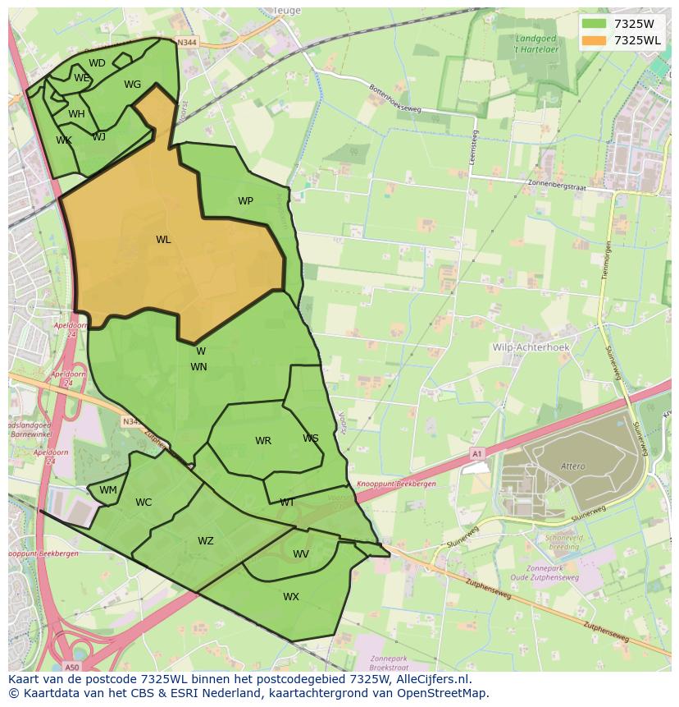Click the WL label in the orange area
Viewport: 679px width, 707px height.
pyautogui.click(x=163, y=240)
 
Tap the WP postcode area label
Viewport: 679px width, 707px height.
pyautogui.click(x=245, y=201)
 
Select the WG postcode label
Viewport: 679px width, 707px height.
pyautogui.click(x=132, y=85)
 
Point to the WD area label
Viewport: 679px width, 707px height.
pyautogui.click(x=97, y=63)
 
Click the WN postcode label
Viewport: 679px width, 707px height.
pyautogui.click(x=198, y=367)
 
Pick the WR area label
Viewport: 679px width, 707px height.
pyautogui.click(x=262, y=441)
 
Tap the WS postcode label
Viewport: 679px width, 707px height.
pyautogui.click(x=310, y=438)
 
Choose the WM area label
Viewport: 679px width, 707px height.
pyautogui.click(x=108, y=490)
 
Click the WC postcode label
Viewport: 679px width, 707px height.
pyautogui.click(x=144, y=503)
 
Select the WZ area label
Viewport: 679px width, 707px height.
pyautogui.click(x=205, y=541)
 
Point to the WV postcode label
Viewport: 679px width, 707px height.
pyautogui.click(x=301, y=554)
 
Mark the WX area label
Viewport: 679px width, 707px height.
pyautogui.click(x=291, y=597)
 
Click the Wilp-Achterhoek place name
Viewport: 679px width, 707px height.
pyautogui.click(x=531, y=347)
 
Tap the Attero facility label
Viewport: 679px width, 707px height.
pyautogui.click(x=573, y=466)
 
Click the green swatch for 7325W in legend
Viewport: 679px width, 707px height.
pyautogui.click(x=594, y=24)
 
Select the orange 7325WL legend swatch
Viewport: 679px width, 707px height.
pyautogui.click(x=594, y=40)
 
